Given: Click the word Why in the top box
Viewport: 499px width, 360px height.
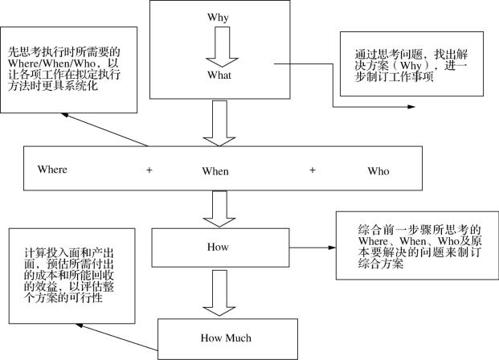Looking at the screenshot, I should point(217,17).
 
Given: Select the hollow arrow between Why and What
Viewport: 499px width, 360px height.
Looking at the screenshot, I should point(218,47).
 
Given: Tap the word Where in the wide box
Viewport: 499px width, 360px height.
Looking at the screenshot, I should point(52,170).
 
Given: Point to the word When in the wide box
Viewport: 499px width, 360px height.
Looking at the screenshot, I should point(215,171).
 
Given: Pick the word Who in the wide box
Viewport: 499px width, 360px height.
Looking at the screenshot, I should point(378,171).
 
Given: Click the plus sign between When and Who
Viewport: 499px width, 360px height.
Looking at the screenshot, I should point(313,170).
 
